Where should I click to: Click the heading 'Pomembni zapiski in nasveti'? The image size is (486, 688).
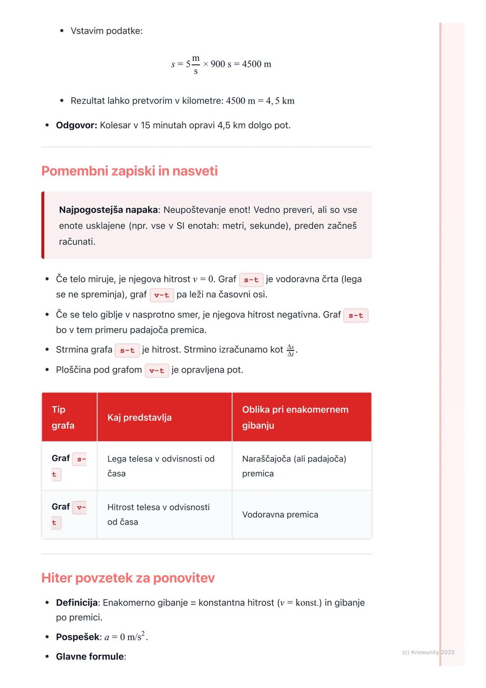129,171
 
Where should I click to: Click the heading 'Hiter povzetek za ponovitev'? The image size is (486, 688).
128,578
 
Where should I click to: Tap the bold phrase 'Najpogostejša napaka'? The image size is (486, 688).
108,210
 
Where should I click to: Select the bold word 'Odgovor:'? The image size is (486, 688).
76,125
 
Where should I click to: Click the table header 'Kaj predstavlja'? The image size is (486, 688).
139,417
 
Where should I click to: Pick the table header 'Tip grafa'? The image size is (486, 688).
63,417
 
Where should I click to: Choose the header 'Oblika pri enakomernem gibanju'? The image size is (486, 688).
295,417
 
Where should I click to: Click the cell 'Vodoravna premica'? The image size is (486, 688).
280,515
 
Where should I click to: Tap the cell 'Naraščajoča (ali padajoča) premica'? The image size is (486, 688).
294,466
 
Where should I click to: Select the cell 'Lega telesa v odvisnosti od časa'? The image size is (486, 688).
161,466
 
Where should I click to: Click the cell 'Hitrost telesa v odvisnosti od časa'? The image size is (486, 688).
158,514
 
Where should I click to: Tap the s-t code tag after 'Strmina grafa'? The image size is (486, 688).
127,350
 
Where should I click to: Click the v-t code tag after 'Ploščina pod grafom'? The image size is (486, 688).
157,371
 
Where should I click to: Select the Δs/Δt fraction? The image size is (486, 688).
291,350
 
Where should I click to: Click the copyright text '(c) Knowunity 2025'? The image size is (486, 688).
428,652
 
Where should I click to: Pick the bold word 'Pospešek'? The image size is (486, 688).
77,637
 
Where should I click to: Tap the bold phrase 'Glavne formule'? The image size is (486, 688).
90,656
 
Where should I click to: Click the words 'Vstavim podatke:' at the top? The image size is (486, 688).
106,31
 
